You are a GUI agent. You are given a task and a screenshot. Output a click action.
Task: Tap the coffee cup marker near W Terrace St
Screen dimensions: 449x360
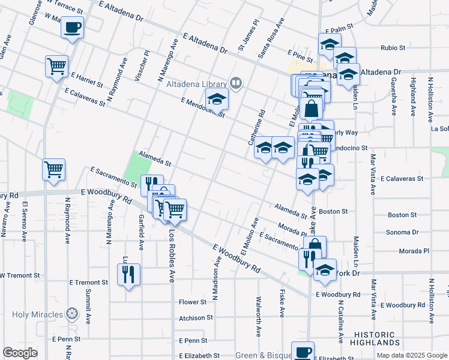pos(73,28)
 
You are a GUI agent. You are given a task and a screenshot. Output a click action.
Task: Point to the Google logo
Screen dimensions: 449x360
pos(20,353)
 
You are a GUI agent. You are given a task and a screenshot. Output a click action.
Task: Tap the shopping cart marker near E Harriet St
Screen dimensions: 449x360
pos(56,66)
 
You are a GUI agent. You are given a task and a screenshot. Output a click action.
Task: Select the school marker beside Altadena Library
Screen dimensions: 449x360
pos(217,99)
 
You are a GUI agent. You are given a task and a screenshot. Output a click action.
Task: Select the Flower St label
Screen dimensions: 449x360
pos(193,302)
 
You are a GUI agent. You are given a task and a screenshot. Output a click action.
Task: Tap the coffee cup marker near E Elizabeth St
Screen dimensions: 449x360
pos(303,352)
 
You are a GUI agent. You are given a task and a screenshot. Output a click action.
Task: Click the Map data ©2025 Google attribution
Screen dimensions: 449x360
pos(411,355)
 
